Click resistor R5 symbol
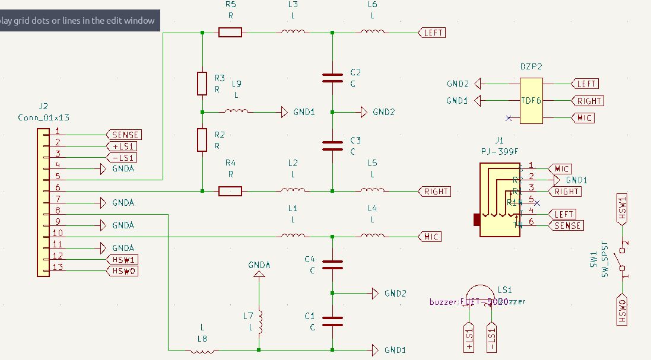coord(230,32)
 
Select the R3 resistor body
coord(202,83)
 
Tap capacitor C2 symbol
coord(332,77)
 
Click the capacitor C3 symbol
coord(332,145)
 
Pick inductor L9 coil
coord(236,111)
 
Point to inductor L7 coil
coord(259,323)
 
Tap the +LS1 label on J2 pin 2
coord(123,146)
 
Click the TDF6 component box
coord(531,101)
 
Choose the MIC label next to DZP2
coord(584,118)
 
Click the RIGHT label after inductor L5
coord(436,192)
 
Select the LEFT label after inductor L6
coord(433,33)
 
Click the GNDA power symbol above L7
coord(259,274)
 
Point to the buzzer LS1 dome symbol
coord(478,294)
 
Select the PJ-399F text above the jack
coord(499,152)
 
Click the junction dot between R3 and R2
coord(202,111)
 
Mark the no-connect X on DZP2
coord(509,118)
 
